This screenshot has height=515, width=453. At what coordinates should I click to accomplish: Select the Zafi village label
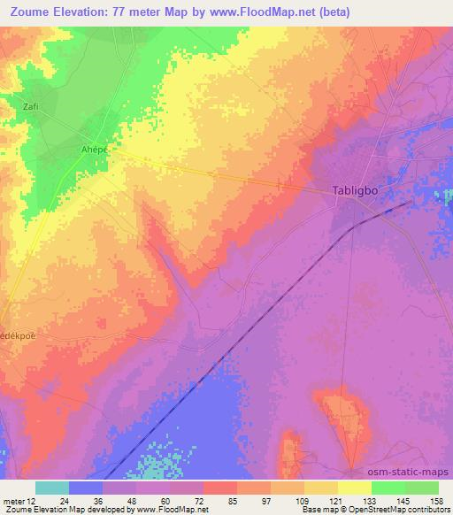[x=31, y=106]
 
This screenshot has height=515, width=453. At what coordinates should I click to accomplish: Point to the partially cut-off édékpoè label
[x=19, y=338]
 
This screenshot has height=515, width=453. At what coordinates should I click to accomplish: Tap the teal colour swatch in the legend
[x=52, y=488]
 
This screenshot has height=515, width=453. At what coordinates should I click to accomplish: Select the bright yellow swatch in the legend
[x=355, y=488]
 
